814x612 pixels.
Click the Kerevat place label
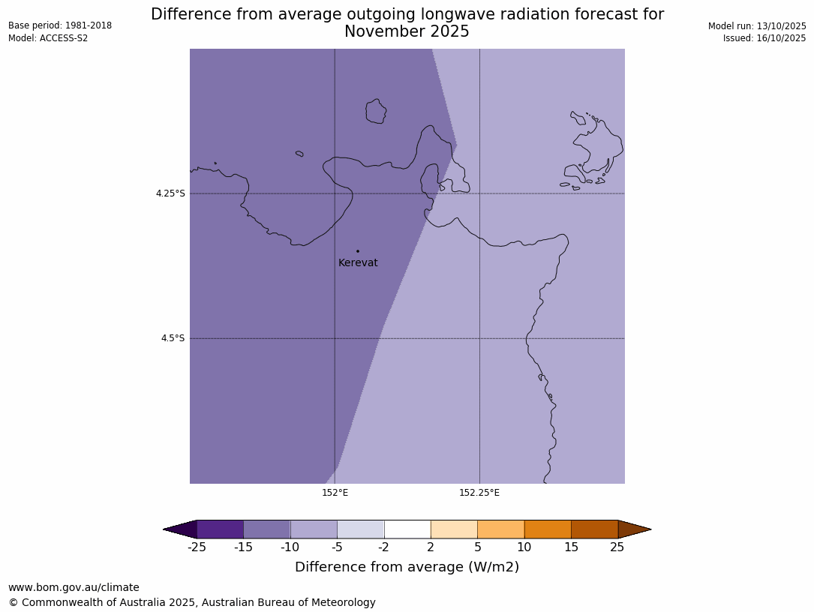tap(358, 263)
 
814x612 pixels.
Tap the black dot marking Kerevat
tap(358, 251)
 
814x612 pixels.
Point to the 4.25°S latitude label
tap(170, 193)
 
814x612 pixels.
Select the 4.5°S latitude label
tap(173, 338)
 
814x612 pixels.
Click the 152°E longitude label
tap(335, 493)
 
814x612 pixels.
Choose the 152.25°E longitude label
tap(479, 493)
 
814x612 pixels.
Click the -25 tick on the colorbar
tap(197, 547)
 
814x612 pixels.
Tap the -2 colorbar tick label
tap(384, 547)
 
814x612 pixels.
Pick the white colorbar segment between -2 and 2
tap(407, 529)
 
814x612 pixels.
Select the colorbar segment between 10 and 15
tap(548, 529)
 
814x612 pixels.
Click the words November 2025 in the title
tap(407, 31)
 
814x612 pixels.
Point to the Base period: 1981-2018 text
tap(60, 25)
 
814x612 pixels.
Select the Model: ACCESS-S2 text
tap(48, 38)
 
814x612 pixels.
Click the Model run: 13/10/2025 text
tap(757, 26)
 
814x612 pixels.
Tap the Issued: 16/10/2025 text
tap(764, 38)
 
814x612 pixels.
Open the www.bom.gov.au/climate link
tap(74, 588)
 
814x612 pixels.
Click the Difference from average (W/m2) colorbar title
tap(407, 567)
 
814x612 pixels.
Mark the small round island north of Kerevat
tap(376, 112)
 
